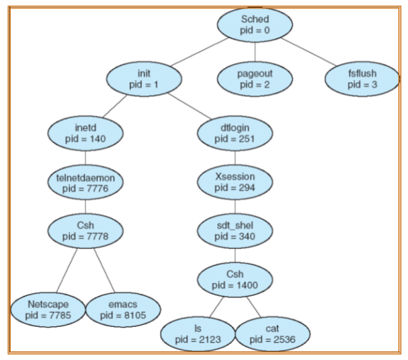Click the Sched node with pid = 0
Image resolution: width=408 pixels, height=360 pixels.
(255, 25)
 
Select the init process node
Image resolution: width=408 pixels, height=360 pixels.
(145, 79)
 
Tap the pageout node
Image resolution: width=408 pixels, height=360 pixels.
(255, 79)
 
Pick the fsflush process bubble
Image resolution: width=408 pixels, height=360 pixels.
(363, 79)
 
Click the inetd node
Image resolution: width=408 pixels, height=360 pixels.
(85, 132)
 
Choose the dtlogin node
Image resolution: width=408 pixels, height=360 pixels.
(235, 132)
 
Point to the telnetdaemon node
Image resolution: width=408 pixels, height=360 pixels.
(85, 182)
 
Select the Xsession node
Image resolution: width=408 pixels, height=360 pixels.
(235, 182)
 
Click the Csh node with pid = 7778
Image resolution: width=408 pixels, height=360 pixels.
(85, 230)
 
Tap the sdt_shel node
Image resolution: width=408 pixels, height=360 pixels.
(235, 230)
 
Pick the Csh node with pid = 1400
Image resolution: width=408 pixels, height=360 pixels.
(235, 279)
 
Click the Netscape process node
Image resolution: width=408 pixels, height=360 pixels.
(48, 310)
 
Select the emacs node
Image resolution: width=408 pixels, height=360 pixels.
(123, 310)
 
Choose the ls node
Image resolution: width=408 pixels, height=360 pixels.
(198, 333)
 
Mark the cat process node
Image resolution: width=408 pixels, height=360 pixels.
(272, 333)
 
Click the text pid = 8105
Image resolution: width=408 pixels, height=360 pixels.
(123, 315)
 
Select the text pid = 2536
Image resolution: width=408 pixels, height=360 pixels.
(272, 338)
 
